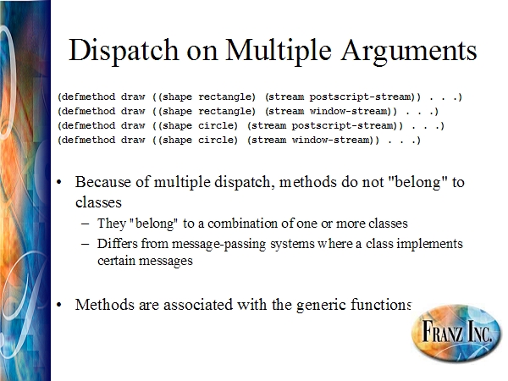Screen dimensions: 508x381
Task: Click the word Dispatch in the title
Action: click(124, 50)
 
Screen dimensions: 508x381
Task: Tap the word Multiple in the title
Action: click(279, 50)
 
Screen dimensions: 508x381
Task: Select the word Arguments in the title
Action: click(409, 51)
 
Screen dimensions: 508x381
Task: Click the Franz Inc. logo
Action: click(456, 332)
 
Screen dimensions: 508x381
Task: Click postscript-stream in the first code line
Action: click(362, 97)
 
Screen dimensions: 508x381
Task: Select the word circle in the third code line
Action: click(217, 125)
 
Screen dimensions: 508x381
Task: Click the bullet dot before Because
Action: click(59, 182)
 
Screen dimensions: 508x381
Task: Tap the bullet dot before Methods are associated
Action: click(59, 305)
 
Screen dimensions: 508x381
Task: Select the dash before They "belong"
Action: click(86, 224)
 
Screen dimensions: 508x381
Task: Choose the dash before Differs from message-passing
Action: click(86, 244)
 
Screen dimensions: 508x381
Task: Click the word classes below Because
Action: click(98, 202)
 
